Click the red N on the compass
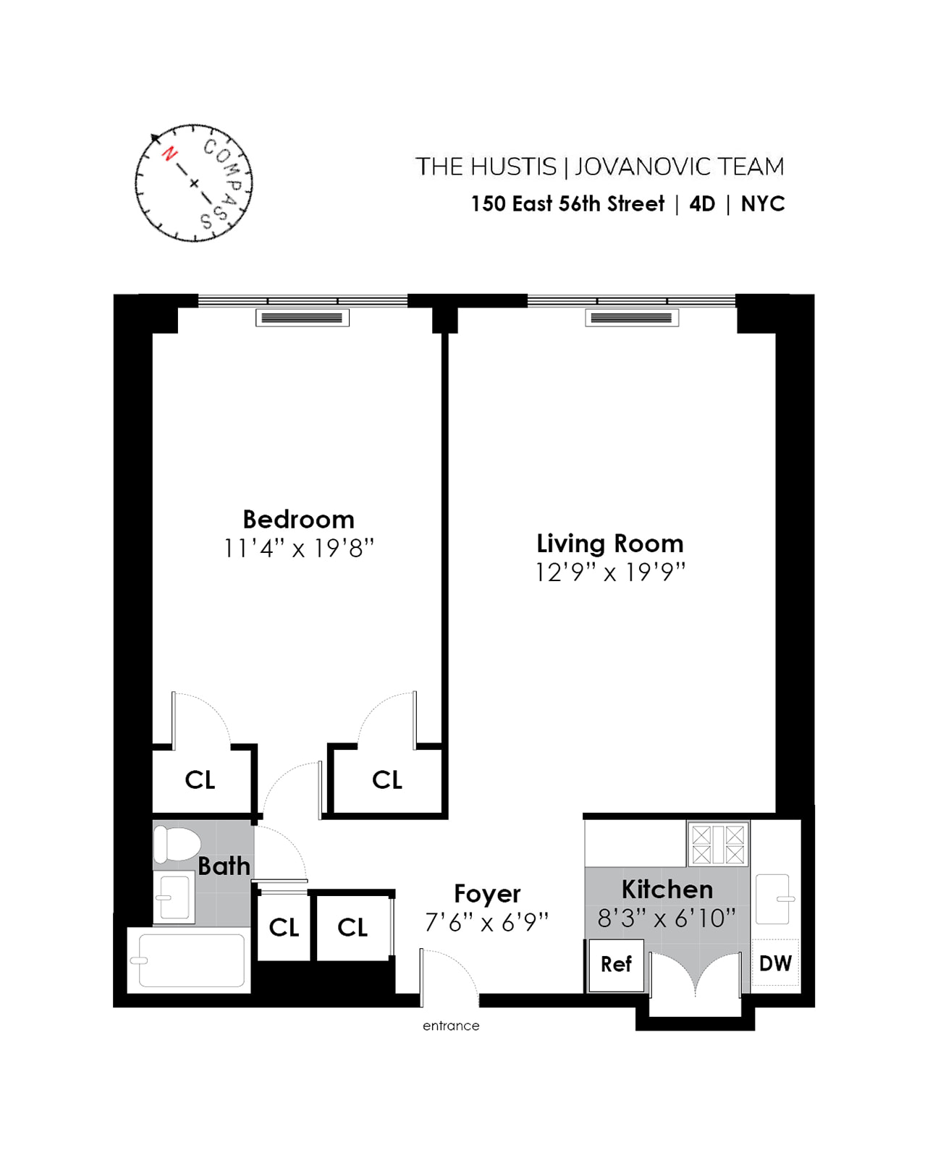(x=169, y=153)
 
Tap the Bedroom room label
(x=298, y=520)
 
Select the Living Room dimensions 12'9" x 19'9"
(x=609, y=572)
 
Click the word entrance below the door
(x=451, y=1026)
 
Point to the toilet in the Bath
(x=177, y=844)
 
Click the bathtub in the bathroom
(x=190, y=960)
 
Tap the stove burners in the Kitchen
(x=717, y=845)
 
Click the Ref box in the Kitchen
(x=616, y=964)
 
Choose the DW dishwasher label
(x=775, y=963)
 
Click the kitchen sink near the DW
(x=773, y=899)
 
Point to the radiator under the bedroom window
(x=302, y=318)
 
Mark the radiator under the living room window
(x=631, y=318)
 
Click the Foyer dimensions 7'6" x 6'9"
(x=486, y=923)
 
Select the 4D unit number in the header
(x=702, y=204)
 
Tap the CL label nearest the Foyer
(x=352, y=927)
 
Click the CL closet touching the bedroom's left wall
(x=200, y=780)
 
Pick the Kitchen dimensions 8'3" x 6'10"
(x=666, y=918)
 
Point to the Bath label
(x=224, y=866)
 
